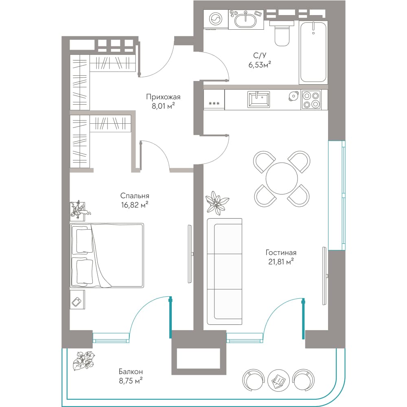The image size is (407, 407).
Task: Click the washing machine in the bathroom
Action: click(216, 19)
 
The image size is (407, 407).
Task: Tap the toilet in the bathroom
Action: click(282, 33)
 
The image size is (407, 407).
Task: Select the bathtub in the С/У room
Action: click(313, 53)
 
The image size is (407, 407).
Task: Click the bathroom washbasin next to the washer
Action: click(245, 19)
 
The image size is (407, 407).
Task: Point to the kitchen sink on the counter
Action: click(258, 99)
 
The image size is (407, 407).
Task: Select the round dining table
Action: click(282, 178)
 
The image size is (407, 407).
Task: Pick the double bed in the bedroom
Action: click(107, 256)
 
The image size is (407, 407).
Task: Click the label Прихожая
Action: click(163, 97)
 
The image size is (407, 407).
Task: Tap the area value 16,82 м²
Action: click(135, 205)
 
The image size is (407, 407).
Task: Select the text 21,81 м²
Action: click(281, 262)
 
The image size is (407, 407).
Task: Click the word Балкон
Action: click(131, 372)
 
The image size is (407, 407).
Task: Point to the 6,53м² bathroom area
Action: click(260, 65)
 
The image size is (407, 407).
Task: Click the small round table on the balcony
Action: click(278, 379)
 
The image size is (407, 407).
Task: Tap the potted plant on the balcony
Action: click(83, 361)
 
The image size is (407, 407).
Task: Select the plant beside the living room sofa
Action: click(217, 203)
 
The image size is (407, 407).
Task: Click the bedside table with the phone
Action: click(77, 300)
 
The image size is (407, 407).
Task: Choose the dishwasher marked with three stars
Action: click(214, 100)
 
